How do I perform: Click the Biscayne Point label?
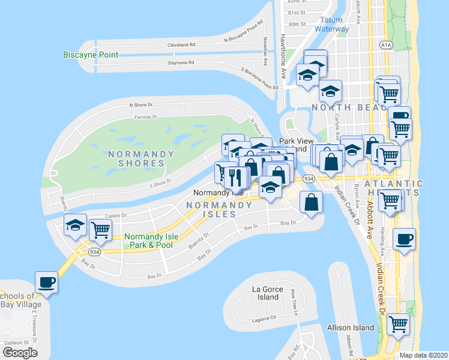pyautogui.click(x=91, y=55)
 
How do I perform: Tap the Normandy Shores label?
pyautogui.click(x=142, y=158)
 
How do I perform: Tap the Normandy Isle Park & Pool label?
pyautogui.click(x=148, y=241)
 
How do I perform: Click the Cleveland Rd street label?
pyautogui.click(x=181, y=45)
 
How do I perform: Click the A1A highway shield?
pyautogui.click(x=386, y=44)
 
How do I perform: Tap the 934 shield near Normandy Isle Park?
pyautogui.click(x=94, y=252)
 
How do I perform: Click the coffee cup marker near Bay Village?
pyautogui.click(x=46, y=281)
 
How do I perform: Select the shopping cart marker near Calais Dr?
pyautogui.click(x=100, y=229)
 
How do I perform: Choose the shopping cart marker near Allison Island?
pyautogui.click(x=398, y=325)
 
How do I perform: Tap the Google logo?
pyautogui.click(x=20, y=353)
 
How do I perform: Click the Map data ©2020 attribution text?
pyautogui.click(x=423, y=355)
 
